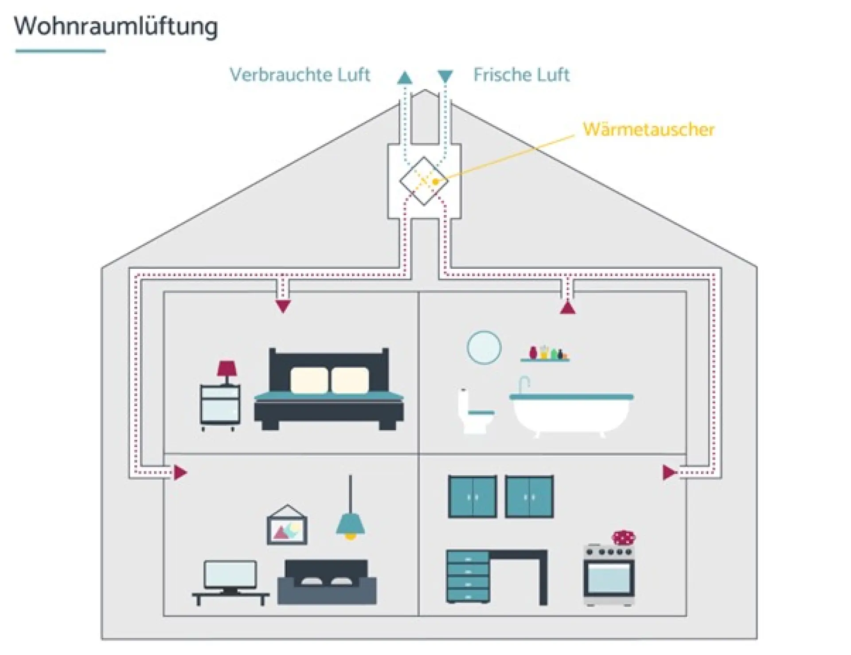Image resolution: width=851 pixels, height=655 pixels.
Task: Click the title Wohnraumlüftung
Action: coord(116,27)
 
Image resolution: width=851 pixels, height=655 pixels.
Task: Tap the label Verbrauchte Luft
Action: coord(300,75)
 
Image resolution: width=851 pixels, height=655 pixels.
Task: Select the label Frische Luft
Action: coord(521,75)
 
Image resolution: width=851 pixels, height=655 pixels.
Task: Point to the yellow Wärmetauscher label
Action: coord(648,129)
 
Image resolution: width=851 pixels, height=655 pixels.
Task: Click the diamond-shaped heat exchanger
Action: coord(423,181)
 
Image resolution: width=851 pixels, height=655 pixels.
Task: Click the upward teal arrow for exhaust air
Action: coord(405,78)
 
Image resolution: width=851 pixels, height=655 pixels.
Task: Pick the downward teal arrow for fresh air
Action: coord(445,76)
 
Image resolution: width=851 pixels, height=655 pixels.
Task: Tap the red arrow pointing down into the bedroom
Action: coord(283,306)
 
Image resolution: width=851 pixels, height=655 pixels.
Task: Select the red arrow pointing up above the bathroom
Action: coord(568,307)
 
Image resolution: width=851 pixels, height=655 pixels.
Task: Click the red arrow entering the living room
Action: coord(180,472)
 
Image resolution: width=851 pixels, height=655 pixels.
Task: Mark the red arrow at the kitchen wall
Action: coord(669,472)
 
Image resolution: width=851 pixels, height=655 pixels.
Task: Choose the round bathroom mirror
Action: coord(484,347)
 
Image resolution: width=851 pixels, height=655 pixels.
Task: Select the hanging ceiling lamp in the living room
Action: coord(351,523)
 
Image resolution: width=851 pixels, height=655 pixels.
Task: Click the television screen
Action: coord(230,575)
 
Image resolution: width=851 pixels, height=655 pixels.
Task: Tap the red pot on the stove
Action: coord(624,537)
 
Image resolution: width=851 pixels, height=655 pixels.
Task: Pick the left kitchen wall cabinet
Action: coord(472,497)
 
